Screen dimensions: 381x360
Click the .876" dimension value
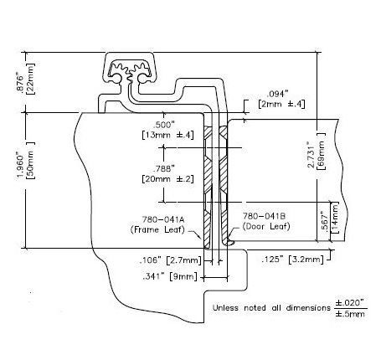[x=20, y=82]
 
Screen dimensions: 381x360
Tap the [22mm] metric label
[x=30, y=79]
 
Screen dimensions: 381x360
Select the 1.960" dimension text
[x=21, y=165]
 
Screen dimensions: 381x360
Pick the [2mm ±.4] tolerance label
[x=281, y=104]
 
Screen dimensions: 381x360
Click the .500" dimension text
[x=164, y=125]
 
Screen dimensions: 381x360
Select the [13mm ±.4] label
[x=167, y=135]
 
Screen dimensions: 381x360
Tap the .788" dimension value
[x=164, y=168]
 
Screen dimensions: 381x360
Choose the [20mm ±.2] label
[x=167, y=179]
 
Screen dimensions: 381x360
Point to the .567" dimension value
[x=325, y=222]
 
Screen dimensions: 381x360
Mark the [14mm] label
[x=334, y=218]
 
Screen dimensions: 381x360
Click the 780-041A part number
[x=163, y=219]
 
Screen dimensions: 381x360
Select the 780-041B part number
[x=264, y=216]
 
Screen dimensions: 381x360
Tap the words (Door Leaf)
[x=266, y=226]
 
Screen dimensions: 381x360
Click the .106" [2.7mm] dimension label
[x=171, y=260]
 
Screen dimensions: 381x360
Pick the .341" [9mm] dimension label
[x=170, y=276]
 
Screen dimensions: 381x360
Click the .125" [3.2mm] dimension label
[x=293, y=260]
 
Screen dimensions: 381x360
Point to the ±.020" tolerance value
[x=350, y=302]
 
